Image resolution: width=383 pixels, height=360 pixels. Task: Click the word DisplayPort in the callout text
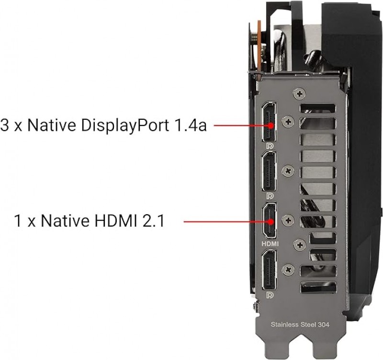(x=124, y=126)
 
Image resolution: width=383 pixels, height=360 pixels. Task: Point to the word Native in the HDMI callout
(x=65, y=221)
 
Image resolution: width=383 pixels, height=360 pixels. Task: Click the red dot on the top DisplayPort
(x=270, y=126)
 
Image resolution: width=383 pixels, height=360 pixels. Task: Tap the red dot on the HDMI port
(x=270, y=222)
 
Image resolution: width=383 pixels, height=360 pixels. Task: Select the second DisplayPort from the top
(x=269, y=171)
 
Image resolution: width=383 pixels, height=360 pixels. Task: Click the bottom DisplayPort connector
(x=270, y=270)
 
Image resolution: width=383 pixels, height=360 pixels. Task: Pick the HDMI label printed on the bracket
(x=270, y=244)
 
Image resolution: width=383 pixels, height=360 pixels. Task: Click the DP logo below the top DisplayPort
(x=270, y=146)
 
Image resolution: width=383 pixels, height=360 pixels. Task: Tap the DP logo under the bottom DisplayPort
(x=270, y=295)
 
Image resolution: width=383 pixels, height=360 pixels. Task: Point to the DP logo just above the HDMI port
(x=270, y=196)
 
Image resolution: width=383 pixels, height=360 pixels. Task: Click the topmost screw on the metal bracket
(x=300, y=93)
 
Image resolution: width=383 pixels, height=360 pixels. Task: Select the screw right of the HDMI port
(x=288, y=221)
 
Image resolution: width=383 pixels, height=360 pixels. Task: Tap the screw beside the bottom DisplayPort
(x=288, y=270)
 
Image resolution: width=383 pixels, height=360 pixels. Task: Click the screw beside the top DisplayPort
(x=288, y=121)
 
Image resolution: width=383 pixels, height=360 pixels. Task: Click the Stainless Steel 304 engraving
(x=300, y=325)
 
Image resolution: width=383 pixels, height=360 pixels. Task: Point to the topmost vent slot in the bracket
(x=317, y=108)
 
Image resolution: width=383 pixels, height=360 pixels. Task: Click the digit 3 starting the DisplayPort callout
(x=4, y=125)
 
